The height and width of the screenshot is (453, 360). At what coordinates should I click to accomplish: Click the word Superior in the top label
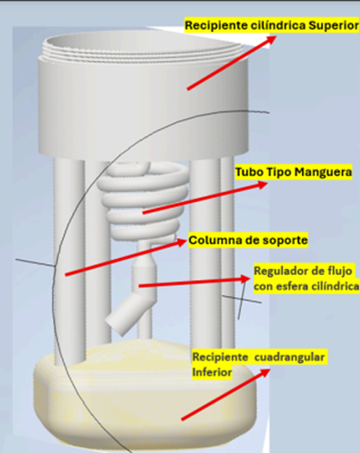(x=333, y=25)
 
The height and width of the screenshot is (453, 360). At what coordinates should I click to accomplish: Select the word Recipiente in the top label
(x=216, y=25)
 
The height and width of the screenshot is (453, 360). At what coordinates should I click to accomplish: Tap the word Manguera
(x=323, y=172)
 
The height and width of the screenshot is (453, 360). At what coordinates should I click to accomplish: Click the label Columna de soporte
(x=248, y=240)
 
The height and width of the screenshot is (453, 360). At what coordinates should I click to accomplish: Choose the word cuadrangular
(x=289, y=357)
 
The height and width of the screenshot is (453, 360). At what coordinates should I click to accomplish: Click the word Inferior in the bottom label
(x=212, y=372)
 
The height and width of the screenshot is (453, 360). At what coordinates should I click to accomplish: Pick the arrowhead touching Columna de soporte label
(x=180, y=242)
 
